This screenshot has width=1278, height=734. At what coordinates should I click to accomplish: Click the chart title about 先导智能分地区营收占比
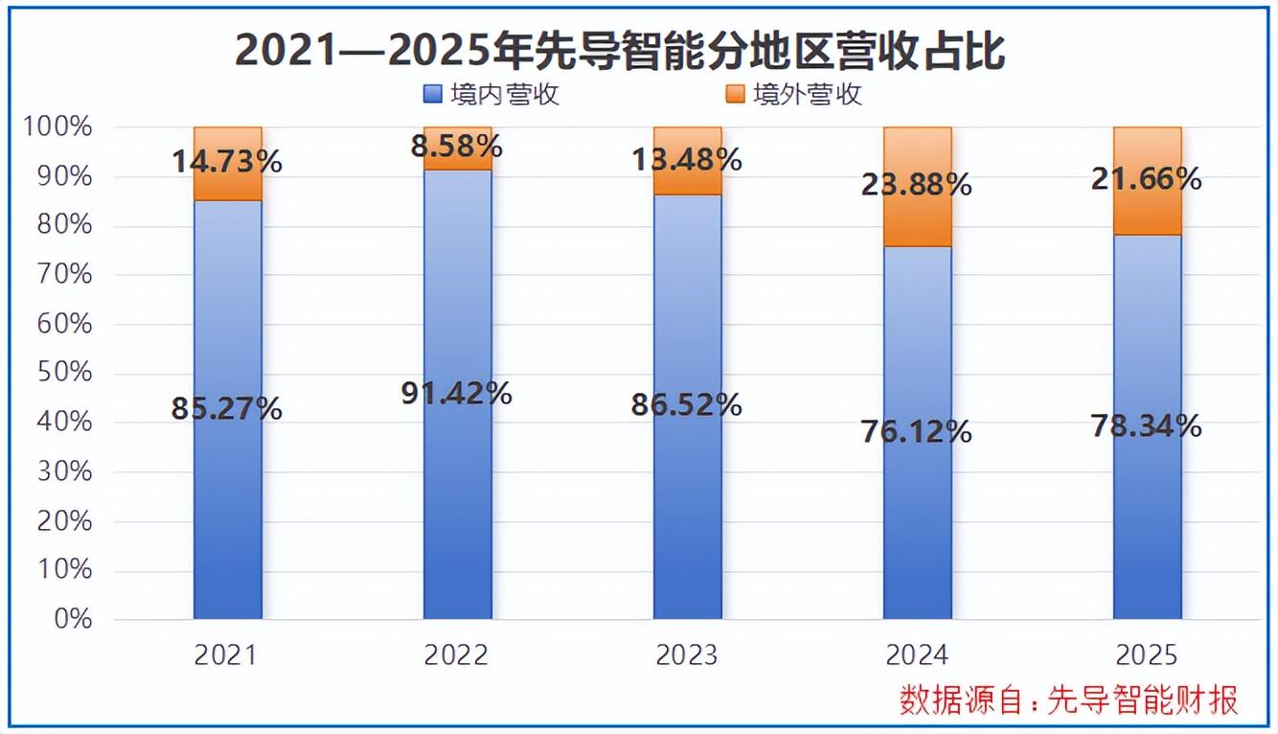621,51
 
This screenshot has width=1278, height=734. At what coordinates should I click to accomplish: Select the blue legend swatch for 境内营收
432,94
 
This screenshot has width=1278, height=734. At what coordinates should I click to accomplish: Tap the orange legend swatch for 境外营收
735,94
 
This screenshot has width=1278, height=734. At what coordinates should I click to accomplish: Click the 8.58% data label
458,147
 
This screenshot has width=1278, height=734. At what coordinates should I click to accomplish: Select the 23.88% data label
917,184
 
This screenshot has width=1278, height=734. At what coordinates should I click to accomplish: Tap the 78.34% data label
1147,425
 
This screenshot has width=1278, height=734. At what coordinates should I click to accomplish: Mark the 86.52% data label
687,404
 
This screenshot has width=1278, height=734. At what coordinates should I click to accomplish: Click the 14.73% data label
228,162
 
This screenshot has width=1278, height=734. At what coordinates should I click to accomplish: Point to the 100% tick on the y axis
59,127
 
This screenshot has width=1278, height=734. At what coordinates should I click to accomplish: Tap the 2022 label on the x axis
457,655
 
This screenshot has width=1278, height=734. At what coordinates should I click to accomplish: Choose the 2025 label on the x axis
1147,655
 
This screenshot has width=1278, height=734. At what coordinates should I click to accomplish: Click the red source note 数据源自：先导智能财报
1068,700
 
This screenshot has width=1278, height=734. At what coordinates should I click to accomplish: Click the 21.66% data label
1147,179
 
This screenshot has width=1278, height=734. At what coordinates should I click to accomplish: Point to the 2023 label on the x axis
687,655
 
